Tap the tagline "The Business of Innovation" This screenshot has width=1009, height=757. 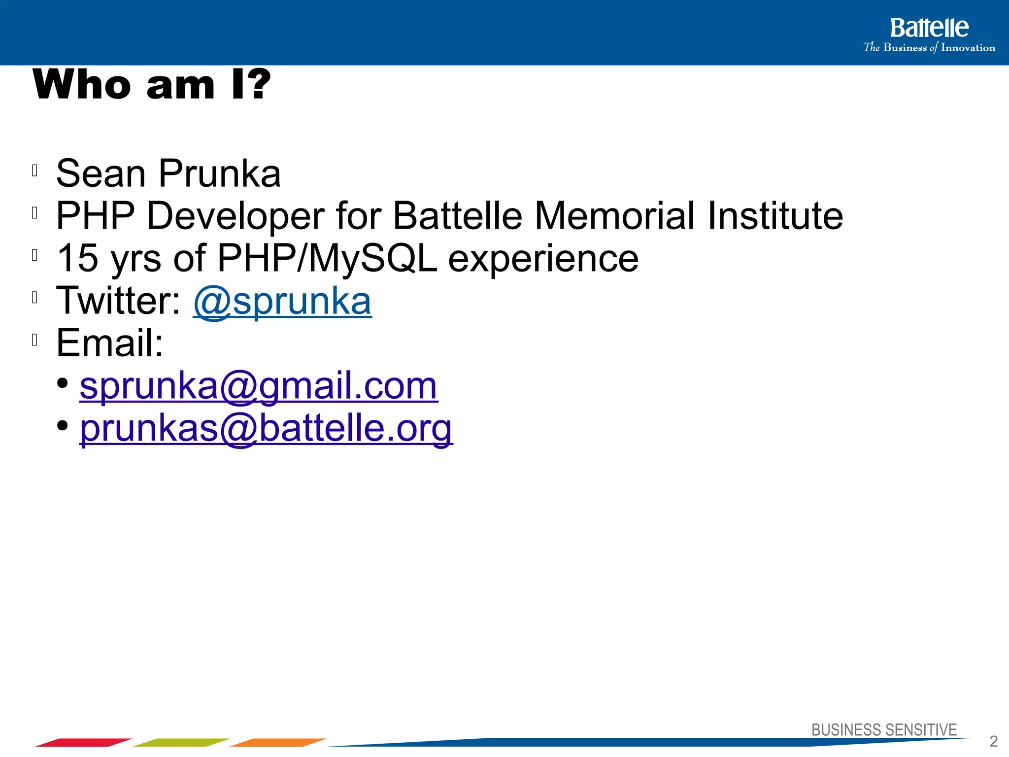(929, 48)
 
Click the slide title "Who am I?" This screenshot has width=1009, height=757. (152, 85)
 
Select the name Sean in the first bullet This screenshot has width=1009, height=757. (101, 173)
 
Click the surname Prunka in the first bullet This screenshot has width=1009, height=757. (220, 173)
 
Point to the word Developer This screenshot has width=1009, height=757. (235, 216)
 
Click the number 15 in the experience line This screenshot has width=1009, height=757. (78, 258)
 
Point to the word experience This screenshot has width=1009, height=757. (543, 258)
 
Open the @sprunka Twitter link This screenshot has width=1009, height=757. (282, 301)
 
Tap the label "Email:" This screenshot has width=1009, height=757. (109, 343)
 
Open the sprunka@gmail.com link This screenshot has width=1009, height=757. (259, 386)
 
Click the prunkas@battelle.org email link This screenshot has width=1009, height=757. (266, 428)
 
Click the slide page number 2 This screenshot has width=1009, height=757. (993, 741)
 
